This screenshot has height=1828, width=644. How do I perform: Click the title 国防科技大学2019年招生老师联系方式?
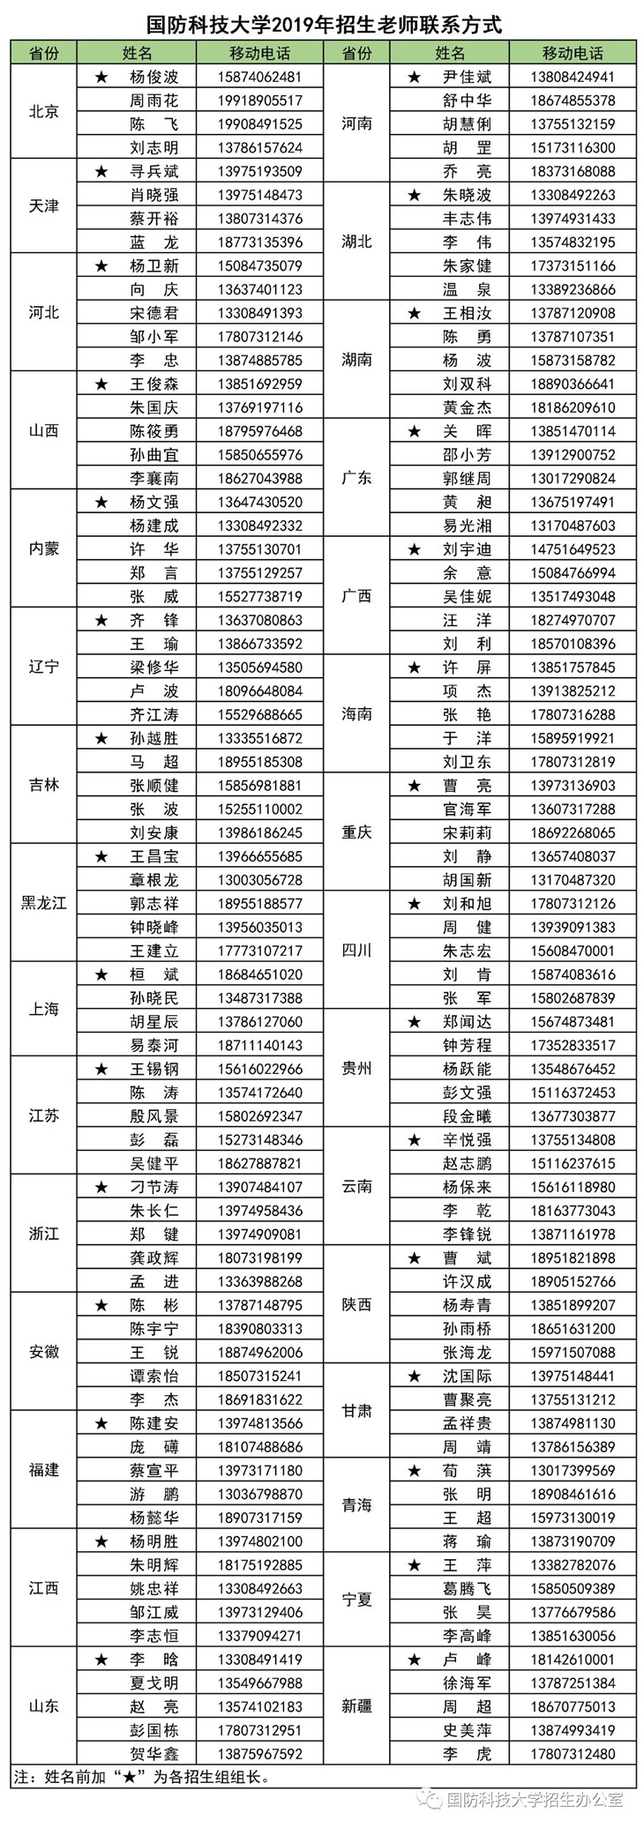coord(324,24)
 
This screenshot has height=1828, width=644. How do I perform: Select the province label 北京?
coord(44,112)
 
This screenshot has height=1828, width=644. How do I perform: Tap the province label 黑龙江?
coord(44,903)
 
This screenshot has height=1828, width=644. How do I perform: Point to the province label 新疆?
coord(356,1705)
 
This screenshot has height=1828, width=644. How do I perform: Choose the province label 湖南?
coord(356,360)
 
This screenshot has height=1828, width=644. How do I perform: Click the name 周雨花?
coord(154,101)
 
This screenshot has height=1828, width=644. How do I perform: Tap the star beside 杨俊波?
coord(101,78)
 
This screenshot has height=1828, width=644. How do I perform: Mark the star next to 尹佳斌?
coord(415,78)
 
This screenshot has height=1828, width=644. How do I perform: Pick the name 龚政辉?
coord(154,1257)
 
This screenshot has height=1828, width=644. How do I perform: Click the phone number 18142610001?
coord(573,1659)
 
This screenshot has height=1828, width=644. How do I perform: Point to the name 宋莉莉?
coord(467,832)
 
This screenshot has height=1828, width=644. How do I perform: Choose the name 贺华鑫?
coord(154,1753)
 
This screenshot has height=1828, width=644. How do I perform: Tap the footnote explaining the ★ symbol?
coord(141,1776)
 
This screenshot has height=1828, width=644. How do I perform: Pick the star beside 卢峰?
coord(415,1659)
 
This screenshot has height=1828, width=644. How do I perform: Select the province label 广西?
coord(356,596)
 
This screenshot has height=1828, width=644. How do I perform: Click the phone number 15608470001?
coord(573,951)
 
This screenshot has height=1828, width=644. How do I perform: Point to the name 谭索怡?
coord(154,1376)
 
